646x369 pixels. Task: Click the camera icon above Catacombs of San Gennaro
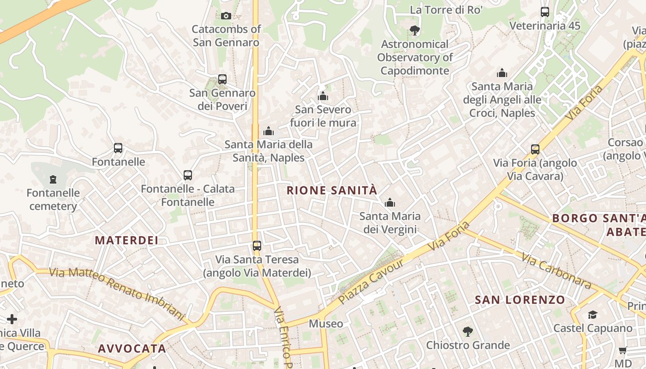point(226,16)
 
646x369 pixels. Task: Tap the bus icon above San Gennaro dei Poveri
point(222,79)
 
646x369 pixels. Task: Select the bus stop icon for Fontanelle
point(118,148)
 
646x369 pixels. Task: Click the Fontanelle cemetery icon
point(53,179)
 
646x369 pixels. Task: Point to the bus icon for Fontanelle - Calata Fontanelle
point(188,175)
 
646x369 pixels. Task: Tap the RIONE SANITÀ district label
point(332,190)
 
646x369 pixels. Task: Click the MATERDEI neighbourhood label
point(126,240)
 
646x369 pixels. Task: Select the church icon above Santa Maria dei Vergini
point(390,202)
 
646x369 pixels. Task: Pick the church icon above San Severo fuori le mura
point(323,96)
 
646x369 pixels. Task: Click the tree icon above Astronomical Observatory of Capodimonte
point(415,30)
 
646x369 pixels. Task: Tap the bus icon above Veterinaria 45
point(545,12)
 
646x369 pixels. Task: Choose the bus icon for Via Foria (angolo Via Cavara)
point(535,149)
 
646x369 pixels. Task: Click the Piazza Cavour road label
point(371,281)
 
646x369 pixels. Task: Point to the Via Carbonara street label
point(556,271)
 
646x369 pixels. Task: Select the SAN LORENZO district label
point(520,300)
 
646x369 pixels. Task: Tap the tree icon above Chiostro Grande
point(468,331)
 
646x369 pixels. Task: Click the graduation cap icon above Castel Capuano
point(593,315)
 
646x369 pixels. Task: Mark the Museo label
point(326,324)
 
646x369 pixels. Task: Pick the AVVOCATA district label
point(132,349)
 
